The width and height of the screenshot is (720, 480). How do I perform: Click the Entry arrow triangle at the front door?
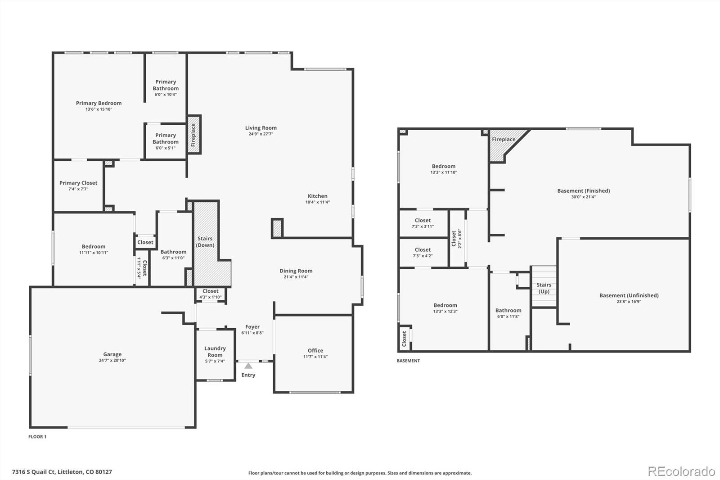tap(248, 366)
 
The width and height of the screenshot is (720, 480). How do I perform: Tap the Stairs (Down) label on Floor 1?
tap(205, 242)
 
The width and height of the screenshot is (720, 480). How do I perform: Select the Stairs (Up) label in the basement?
tap(544, 288)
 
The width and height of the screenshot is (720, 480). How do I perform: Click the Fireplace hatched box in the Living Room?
tap(193, 135)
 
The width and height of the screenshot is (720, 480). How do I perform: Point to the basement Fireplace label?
tap(503, 140)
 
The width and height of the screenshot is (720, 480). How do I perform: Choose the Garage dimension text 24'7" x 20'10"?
tap(112, 360)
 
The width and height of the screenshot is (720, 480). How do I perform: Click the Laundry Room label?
tap(215, 351)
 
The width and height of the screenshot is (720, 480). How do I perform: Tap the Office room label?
tap(315, 350)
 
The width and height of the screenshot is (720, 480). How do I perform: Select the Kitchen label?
tap(317, 196)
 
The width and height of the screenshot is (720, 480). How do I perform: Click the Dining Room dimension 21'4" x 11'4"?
tap(296, 277)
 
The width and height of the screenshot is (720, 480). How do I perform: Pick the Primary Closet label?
tap(78, 183)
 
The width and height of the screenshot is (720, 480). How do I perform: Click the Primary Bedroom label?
tap(99, 103)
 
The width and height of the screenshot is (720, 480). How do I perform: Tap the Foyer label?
tap(252, 327)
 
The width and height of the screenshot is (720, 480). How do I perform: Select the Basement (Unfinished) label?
tap(629, 295)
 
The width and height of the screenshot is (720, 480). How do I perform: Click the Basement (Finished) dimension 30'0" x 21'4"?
tap(583, 197)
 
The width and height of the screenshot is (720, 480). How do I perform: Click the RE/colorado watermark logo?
tap(681, 471)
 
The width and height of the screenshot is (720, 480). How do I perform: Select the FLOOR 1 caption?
tap(37, 437)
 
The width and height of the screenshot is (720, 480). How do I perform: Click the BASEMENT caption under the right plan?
tap(408, 361)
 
